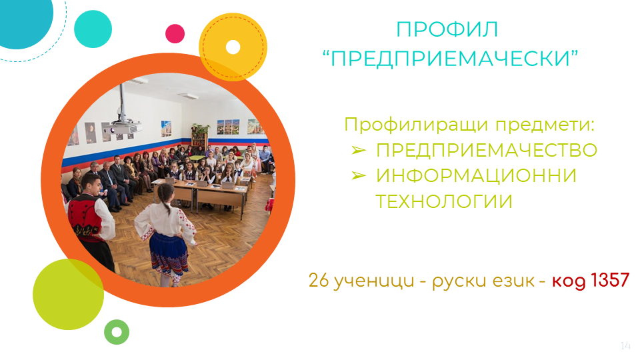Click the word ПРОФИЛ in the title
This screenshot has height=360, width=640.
[x=447, y=30]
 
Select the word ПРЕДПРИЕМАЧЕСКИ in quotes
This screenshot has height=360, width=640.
[x=450, y=59]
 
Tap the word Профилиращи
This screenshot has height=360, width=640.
[x=417, y=125]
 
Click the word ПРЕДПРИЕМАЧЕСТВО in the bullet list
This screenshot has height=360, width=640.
[x=487, y=150]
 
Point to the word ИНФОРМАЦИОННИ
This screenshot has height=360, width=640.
[x=476, y=176]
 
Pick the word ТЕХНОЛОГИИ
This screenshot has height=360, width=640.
[x=444, y=201]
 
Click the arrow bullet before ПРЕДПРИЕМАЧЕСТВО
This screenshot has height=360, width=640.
[x=359, y=151]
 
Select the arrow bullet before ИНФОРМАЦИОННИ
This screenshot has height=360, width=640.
[x=359, y=176]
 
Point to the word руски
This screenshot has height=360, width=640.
[x=457, y=281]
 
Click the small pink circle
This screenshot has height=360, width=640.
[x=175, y=33]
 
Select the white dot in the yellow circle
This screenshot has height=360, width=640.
[x=233, y=47]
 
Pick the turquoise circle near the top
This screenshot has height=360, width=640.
[x=93, y=29]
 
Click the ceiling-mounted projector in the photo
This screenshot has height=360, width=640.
[x=121, y=127]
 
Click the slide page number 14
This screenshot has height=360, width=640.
[x=625, y=346]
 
